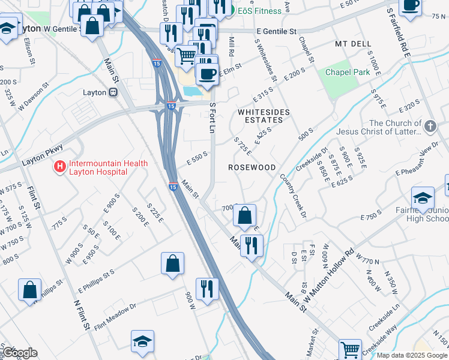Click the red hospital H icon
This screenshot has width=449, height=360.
pos(60,167)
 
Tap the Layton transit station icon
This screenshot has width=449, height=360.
pos(112,92)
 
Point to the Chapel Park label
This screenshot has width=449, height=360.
pos(347,72)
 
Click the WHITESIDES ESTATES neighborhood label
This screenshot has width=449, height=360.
pos(264,116)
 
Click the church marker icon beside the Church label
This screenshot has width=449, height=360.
pos(430,127)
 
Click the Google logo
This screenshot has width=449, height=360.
pos(20,352)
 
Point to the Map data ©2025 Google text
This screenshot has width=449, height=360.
pos(412,355)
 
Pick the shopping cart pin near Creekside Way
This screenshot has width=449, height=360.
pos(350,349)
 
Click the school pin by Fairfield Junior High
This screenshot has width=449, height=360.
pos(423,199)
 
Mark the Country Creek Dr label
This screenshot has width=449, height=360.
pos(293,195)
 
